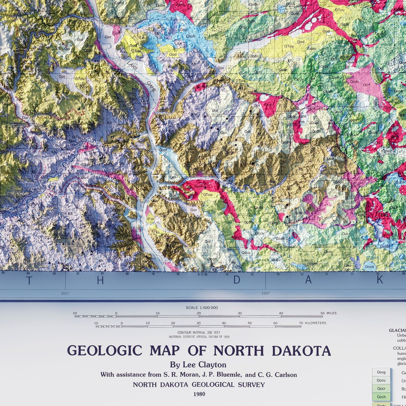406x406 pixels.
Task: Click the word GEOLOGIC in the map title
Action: coord(105,351)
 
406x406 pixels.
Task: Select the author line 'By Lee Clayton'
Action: coord(198,365)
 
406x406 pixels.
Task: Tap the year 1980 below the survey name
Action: coord(199,394)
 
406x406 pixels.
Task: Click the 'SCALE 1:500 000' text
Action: coord(202,308)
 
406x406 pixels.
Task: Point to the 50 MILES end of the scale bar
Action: coord(329,313)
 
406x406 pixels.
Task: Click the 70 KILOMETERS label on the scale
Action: coord(313,323)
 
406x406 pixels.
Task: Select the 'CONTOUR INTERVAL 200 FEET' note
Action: coord(199,333)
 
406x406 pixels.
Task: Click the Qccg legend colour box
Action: coord(381,372)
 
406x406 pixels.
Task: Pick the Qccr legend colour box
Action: coord(381,389)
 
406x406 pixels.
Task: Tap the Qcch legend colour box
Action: coord(381,397)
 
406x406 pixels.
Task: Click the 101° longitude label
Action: coord(65,293)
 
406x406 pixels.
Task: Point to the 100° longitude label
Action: coord(265,293)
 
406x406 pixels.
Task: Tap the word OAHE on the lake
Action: coord(151,86)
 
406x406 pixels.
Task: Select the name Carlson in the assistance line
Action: coord(286,375)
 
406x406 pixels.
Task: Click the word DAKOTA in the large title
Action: coord(301,351)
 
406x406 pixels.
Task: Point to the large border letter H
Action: coord(100,280)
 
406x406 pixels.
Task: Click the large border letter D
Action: coord(237,280)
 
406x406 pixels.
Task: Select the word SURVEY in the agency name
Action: coord(251,385)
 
